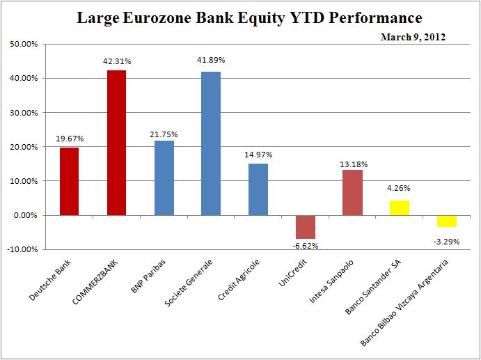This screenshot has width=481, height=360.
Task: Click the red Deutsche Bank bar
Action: click(x=69, y=181)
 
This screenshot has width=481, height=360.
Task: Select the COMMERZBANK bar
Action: click(x=116, y=143)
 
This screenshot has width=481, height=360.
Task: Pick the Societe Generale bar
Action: click(x=211, y=143)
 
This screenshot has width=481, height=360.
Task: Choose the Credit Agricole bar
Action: click(x=258, y=189)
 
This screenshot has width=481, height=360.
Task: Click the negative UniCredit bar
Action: click(x=306, y=226)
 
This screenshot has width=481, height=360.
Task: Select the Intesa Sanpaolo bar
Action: click(x=353, y=192)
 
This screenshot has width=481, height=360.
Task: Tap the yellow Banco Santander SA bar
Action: click(x=400, y=208)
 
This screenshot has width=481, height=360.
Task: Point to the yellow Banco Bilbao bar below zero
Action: click(x=447, y=221)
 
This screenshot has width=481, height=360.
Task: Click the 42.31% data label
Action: click(x=116, y=61)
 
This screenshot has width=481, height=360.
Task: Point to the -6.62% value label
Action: click(x=305, y=246)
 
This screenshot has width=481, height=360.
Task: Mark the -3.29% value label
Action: click(x=447, y=241)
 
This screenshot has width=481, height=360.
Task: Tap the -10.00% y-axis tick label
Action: click(x=22, y=249)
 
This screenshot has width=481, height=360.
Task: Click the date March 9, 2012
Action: click(x=413, y=37)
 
